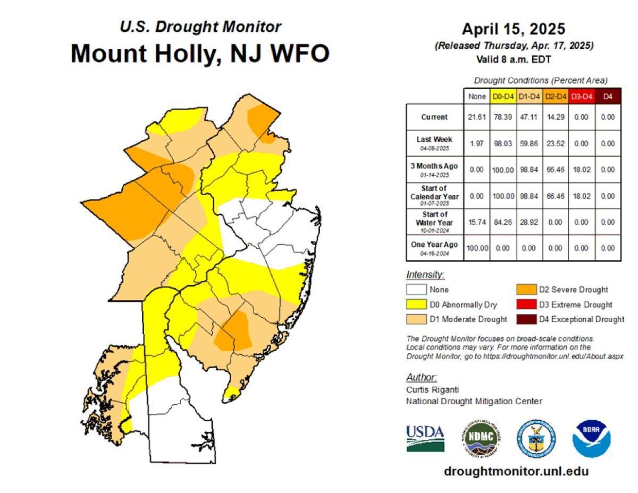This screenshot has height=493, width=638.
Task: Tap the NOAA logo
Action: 591,439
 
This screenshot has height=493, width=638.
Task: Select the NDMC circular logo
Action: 481,438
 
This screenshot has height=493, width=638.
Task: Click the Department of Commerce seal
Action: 536,438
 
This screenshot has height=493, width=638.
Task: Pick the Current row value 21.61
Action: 476,118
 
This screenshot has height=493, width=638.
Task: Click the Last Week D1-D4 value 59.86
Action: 528,144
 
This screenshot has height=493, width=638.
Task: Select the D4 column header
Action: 608,96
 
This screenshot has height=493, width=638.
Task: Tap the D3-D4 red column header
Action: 581,96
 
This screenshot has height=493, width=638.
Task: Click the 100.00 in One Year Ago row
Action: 476,248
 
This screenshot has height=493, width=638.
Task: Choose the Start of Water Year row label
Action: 434,222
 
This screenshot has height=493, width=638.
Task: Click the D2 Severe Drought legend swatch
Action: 526,290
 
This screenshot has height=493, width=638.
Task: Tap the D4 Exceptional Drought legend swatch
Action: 526,319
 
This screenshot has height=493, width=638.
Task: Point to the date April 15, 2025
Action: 513,29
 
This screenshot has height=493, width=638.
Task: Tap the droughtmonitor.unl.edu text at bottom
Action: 516,471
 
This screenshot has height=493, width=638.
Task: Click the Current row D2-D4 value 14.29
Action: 555,118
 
